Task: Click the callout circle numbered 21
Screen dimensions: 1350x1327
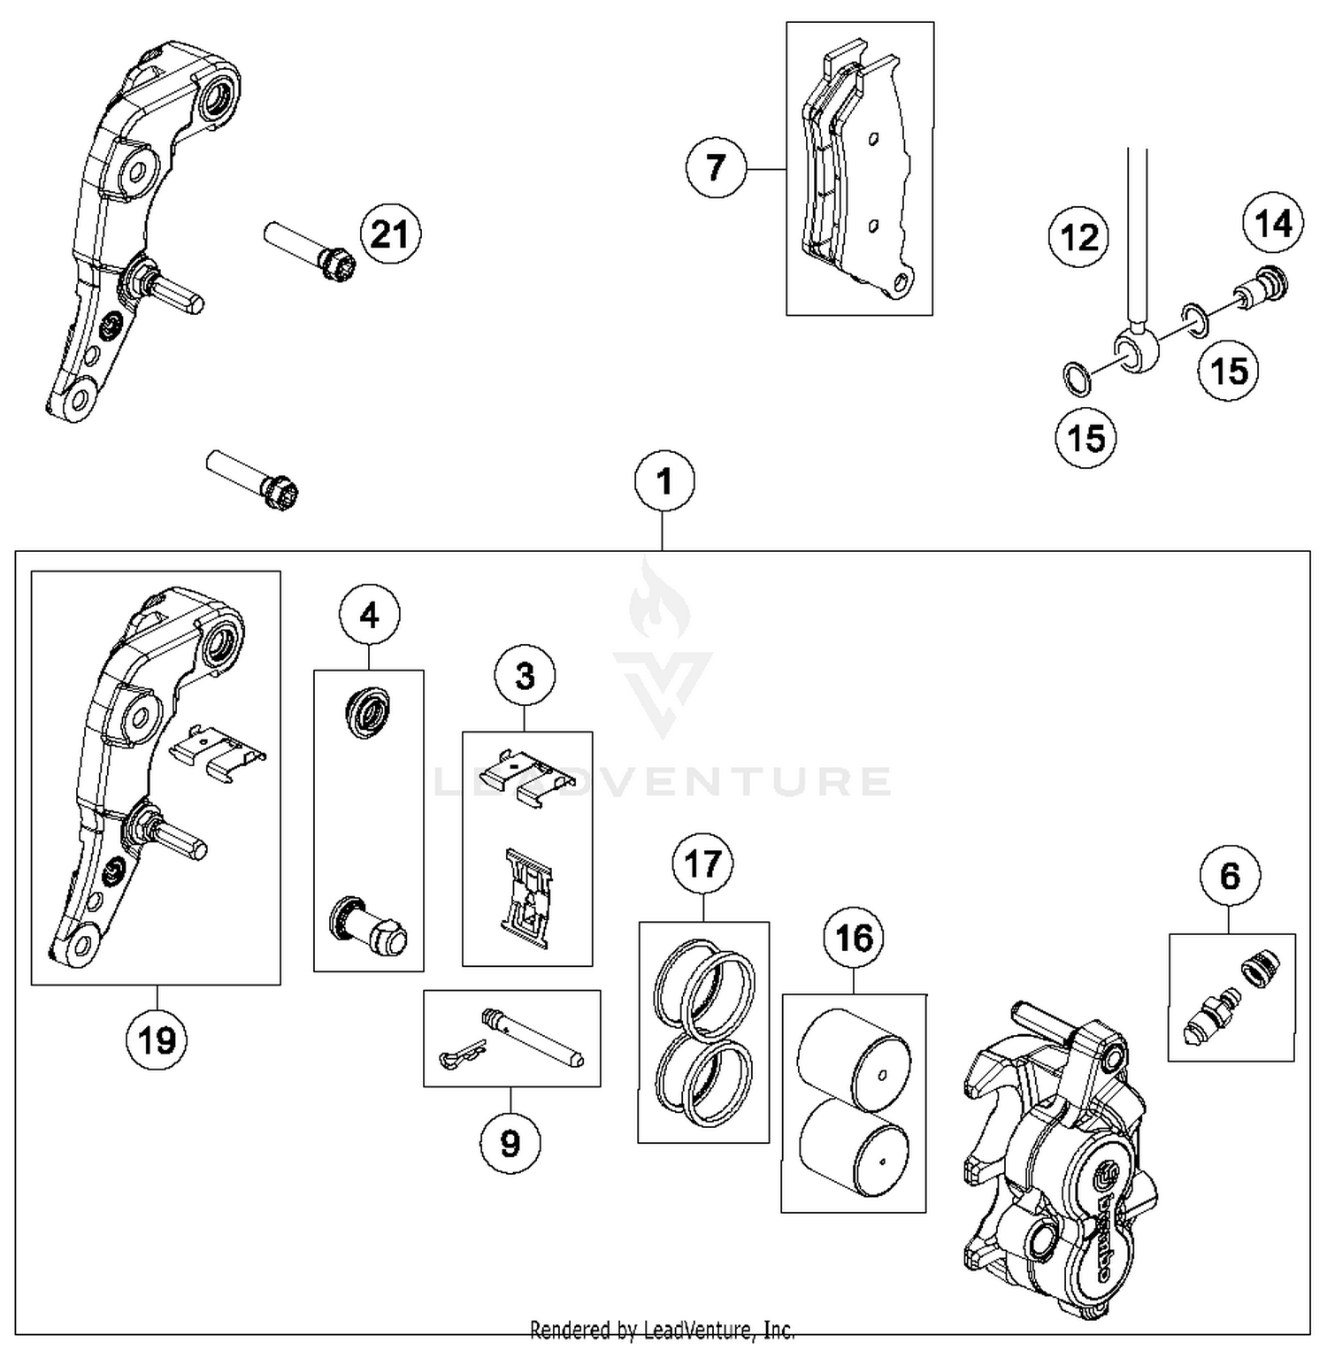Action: pos(390,235)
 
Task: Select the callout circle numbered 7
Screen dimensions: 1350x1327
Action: pos(716,168)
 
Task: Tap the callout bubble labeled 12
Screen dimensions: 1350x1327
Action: pos(1078,237)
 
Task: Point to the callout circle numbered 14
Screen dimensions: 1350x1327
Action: pos(1273,223)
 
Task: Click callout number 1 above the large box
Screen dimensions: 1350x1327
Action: pos(664,481)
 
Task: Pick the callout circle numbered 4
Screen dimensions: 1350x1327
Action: pos(369,615)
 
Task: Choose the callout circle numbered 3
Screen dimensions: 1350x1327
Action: pos(525,677)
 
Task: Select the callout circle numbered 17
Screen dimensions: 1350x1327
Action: pos(702,863)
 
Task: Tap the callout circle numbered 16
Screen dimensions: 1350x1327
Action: pos(854,938)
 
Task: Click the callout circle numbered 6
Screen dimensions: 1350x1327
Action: pos(1230,877)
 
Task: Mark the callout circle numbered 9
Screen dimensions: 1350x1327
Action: pos(510,1144)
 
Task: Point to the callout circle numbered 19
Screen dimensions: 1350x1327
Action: pos(157,1040)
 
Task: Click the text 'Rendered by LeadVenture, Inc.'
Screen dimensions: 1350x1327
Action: pos(662,1330)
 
